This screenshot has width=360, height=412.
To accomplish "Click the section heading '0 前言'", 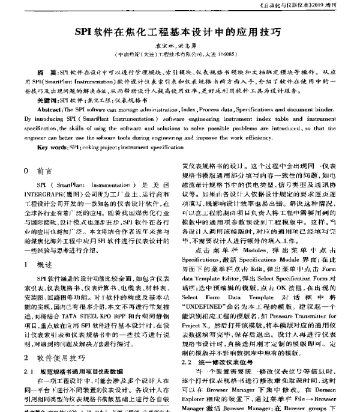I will point(37,170).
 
